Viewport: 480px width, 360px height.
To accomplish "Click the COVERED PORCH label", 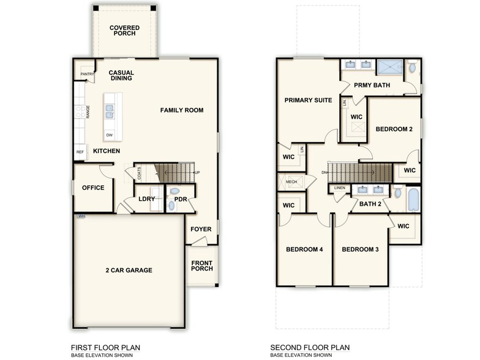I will [x=124, y=31].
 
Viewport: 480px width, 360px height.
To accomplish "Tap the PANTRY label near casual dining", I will [x=87, y=75].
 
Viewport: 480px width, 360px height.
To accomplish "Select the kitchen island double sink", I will [x=109, y=111].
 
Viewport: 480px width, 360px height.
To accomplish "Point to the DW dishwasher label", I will [x=109, y=135].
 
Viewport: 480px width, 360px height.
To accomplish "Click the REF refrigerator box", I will [x=80, y=152].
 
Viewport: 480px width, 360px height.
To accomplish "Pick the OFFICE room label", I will [x=92, y=188].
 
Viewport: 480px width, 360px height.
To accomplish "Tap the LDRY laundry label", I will [x=146, y=199].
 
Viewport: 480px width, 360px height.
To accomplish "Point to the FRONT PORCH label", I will [x=201, y=267].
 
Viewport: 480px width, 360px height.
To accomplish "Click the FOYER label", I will [x=201, y=230].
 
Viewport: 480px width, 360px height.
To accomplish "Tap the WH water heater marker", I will [x=80, y=216].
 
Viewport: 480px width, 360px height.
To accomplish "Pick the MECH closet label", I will [x=291, y=182].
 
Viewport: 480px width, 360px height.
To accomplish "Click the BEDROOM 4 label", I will [x=304, y=249].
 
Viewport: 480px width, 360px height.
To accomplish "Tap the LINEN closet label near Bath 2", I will [x=340, y=187].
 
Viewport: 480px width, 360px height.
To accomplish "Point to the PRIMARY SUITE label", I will [x=308, y=100].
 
